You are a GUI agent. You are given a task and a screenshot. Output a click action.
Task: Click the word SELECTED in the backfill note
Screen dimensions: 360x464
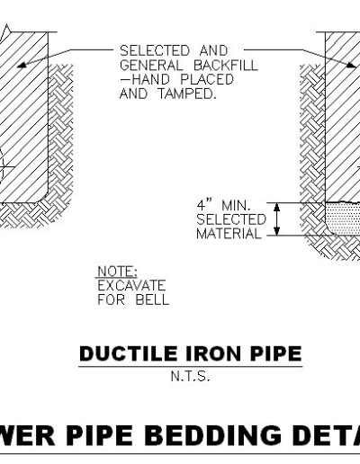[x=155, y=50]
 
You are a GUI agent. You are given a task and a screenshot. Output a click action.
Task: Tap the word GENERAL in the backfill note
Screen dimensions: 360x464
[x=151, y=66]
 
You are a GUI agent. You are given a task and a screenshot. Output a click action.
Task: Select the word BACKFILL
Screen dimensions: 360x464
[x=226, y=66]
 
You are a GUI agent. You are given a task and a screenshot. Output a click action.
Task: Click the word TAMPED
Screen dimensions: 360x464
[x=187, y=94]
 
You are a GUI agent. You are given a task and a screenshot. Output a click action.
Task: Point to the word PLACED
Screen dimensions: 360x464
[x=207, y=79]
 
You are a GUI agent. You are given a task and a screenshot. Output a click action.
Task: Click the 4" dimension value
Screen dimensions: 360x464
[x=204, y=206]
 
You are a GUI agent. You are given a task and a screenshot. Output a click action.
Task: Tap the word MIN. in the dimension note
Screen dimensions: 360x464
[x=236, y=206]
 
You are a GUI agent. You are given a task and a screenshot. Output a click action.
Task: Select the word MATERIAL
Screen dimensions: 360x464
[x=229, y=234]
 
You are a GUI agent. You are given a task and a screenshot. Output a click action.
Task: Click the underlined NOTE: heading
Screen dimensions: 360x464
[x=118, y=272]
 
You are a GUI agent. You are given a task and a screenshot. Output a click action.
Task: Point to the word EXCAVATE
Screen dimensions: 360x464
[x=131, y=285]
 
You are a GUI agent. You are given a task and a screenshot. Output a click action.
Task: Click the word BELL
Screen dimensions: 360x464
[x=152, y=299]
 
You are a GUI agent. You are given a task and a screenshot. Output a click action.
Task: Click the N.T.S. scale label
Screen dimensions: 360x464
[x=190, y=376]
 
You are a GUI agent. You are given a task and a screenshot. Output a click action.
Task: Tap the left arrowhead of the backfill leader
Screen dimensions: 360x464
[x=22, y=64]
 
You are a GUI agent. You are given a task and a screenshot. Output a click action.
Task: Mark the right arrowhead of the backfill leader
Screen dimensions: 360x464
[x=351, y=64]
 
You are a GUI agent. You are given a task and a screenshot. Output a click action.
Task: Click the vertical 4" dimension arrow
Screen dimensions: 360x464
[x=277, y=219]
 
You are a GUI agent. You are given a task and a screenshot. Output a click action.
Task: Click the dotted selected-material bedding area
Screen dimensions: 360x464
[x=344, y=219]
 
